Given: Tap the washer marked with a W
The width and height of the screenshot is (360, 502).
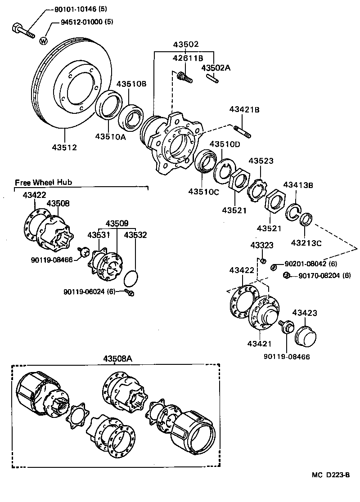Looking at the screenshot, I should [44, 41].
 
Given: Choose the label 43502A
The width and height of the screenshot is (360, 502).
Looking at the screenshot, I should [216, 67].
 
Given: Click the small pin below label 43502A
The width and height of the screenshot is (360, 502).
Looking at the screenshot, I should [214, 78].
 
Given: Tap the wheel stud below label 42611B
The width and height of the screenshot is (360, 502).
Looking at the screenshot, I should [184, 77].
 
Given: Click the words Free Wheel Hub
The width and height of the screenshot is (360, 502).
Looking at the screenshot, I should [43, 182].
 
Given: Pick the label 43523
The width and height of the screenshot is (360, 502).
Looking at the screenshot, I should [261, 161].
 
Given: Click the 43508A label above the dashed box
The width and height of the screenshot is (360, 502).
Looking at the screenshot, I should [117, 358].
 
